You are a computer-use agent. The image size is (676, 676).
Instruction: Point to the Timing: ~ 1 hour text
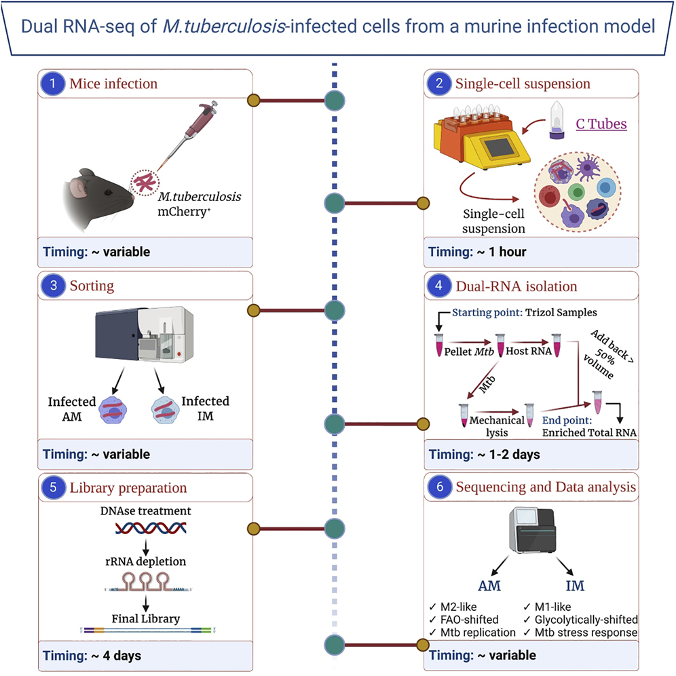click(478, 252)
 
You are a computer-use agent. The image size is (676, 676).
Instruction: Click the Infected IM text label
click(205, 409)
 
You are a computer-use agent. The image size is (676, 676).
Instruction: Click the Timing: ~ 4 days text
click(92, 656)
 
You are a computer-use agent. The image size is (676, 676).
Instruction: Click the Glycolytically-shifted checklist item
click(581, 619)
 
